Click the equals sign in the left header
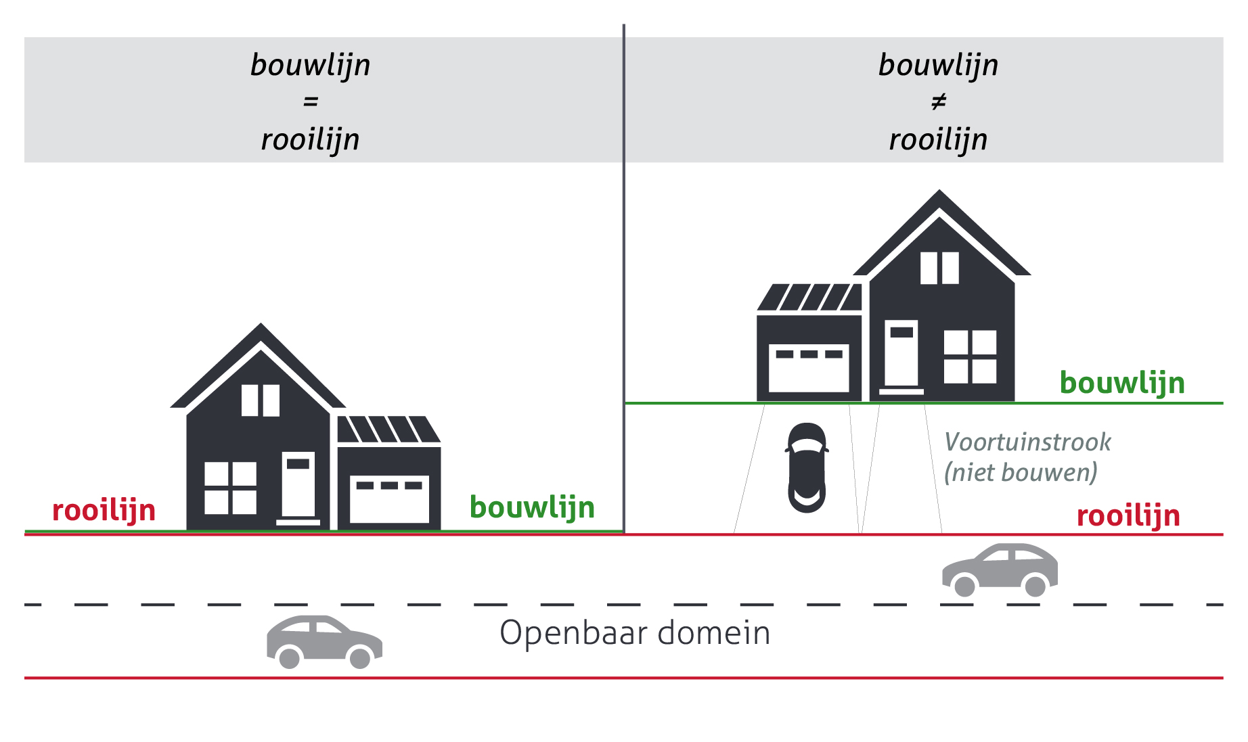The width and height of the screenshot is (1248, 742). point(311,102)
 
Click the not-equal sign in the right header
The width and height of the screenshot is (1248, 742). point(938,102)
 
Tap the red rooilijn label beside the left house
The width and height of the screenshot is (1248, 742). point(104,511)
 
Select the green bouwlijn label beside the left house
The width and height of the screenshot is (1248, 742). point(532,508)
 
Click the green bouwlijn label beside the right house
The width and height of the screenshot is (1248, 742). point(1121,384)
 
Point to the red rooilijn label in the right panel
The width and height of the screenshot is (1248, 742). point(1128,516)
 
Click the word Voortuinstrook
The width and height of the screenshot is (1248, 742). point(1027,442)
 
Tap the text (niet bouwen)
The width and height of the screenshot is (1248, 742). point(1020,472)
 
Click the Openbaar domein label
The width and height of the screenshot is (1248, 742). point(635,634)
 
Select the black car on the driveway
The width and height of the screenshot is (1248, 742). point(807,467)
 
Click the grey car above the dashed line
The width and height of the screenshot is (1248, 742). point(999,570)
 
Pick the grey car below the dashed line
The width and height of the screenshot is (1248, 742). point(324,641)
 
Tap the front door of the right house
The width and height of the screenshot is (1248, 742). point(901,354)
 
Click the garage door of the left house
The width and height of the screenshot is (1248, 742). point(389,499)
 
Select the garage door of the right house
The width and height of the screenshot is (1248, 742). point(809,369)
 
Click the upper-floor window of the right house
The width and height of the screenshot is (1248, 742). point(939,268)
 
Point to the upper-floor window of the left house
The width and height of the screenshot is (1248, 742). point(261,400)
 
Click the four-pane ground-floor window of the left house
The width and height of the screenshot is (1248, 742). point(231,488)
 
